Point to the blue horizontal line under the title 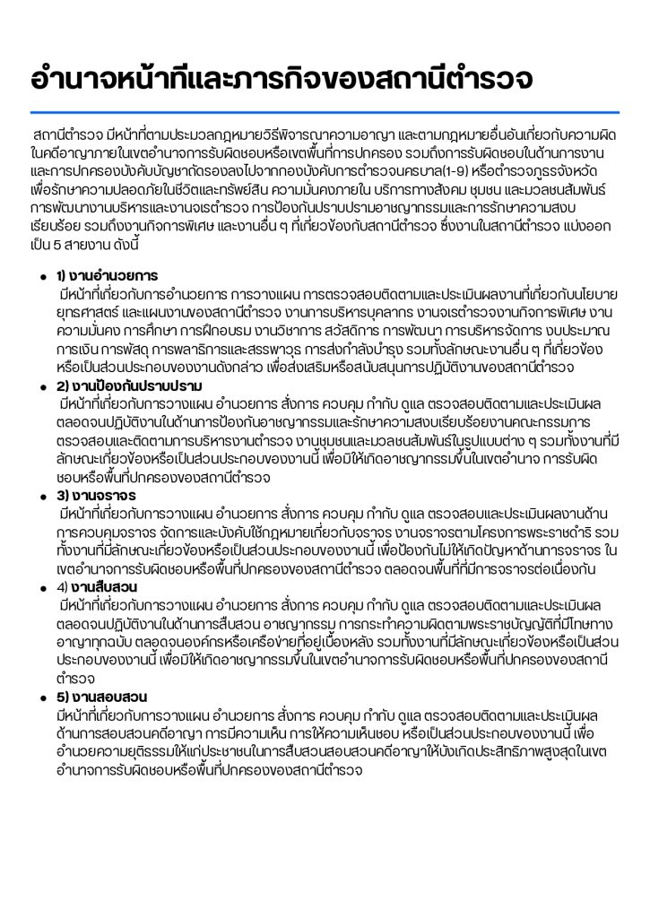click(325, 112)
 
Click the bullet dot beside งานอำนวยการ click(42, 276)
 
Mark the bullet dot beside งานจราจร click(42, 496)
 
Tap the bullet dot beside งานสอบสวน click(42, 697)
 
